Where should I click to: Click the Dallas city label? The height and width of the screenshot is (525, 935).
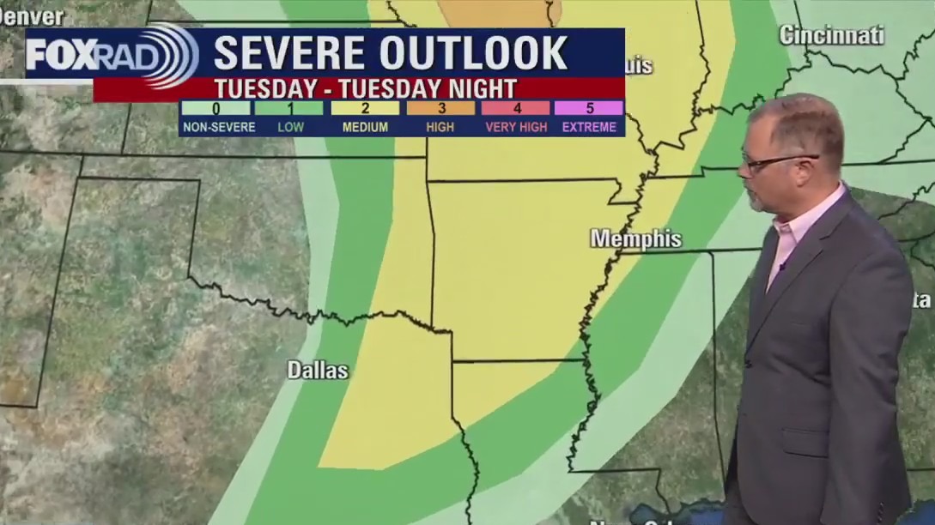pos(318,371)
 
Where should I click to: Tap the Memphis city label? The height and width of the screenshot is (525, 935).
pos(635,238)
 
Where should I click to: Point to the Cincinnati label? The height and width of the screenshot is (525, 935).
pos(831,35)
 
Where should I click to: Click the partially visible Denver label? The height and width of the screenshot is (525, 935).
pos(31,16)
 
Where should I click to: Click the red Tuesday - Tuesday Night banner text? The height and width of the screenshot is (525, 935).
pos(365,89)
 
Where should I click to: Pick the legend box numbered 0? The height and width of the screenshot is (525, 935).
pos(216,108)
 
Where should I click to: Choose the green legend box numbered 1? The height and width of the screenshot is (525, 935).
pos(289,108)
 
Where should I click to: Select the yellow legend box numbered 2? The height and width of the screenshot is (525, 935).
pos(365,108)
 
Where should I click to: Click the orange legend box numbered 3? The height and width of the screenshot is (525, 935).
pos(440,108)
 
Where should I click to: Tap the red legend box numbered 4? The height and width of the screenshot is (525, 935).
pos(516,108)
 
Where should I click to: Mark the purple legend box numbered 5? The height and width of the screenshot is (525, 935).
pos(589,108)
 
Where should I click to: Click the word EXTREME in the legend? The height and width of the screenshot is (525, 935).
pos(589,127)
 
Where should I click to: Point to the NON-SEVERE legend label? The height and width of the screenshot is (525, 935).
pos(217,127)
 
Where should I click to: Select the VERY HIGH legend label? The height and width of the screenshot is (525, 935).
pos(516,127)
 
